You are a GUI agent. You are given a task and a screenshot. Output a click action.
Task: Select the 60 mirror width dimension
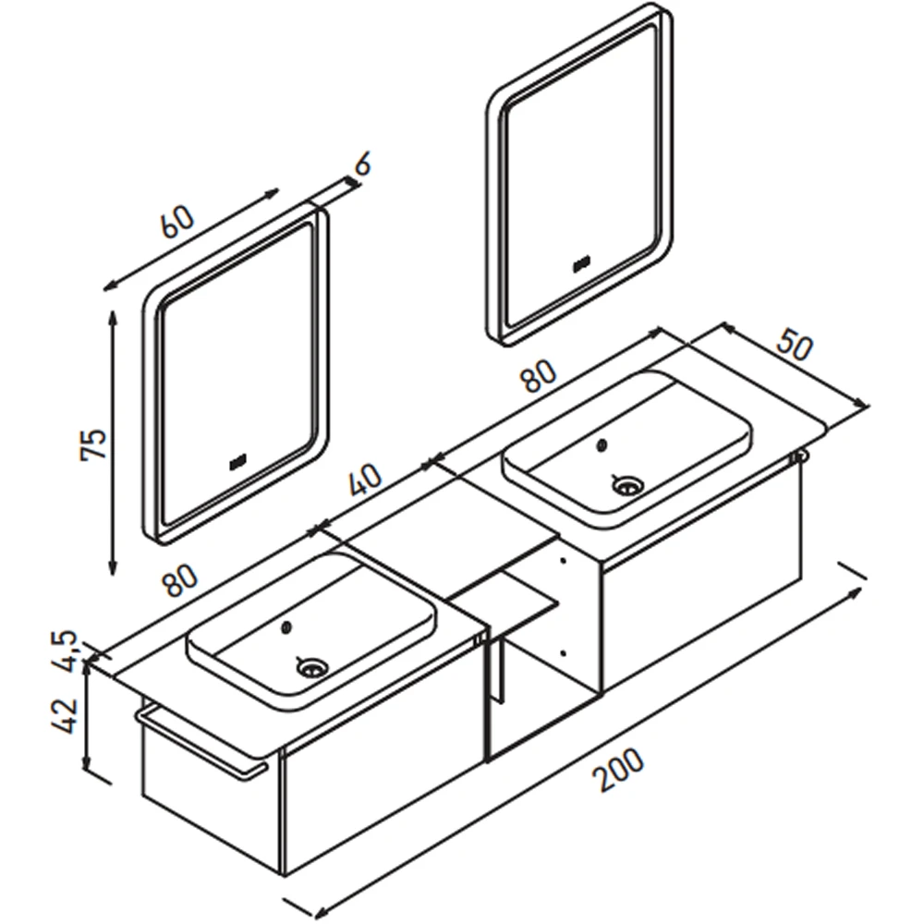coord(177,222)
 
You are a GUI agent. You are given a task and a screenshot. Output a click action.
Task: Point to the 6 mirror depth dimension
coord(362,164)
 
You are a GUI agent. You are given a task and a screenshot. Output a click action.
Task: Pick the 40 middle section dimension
coord(365,480)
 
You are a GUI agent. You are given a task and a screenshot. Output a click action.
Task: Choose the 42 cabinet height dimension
coord(65,715)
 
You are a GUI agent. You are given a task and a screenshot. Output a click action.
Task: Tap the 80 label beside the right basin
coord(538,376)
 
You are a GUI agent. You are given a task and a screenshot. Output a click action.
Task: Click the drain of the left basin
coord(311,668)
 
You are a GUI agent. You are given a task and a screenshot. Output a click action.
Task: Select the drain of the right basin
coord(627,486)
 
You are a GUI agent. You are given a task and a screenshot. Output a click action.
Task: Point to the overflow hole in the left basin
coord(287,628)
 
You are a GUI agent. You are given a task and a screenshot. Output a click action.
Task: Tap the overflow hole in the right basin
coord(602,446)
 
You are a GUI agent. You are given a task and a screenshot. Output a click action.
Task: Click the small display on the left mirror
coord(238,463)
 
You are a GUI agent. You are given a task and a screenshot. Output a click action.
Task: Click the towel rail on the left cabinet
coord(201,744)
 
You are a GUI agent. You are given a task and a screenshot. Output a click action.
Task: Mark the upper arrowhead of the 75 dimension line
coord(113,318)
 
